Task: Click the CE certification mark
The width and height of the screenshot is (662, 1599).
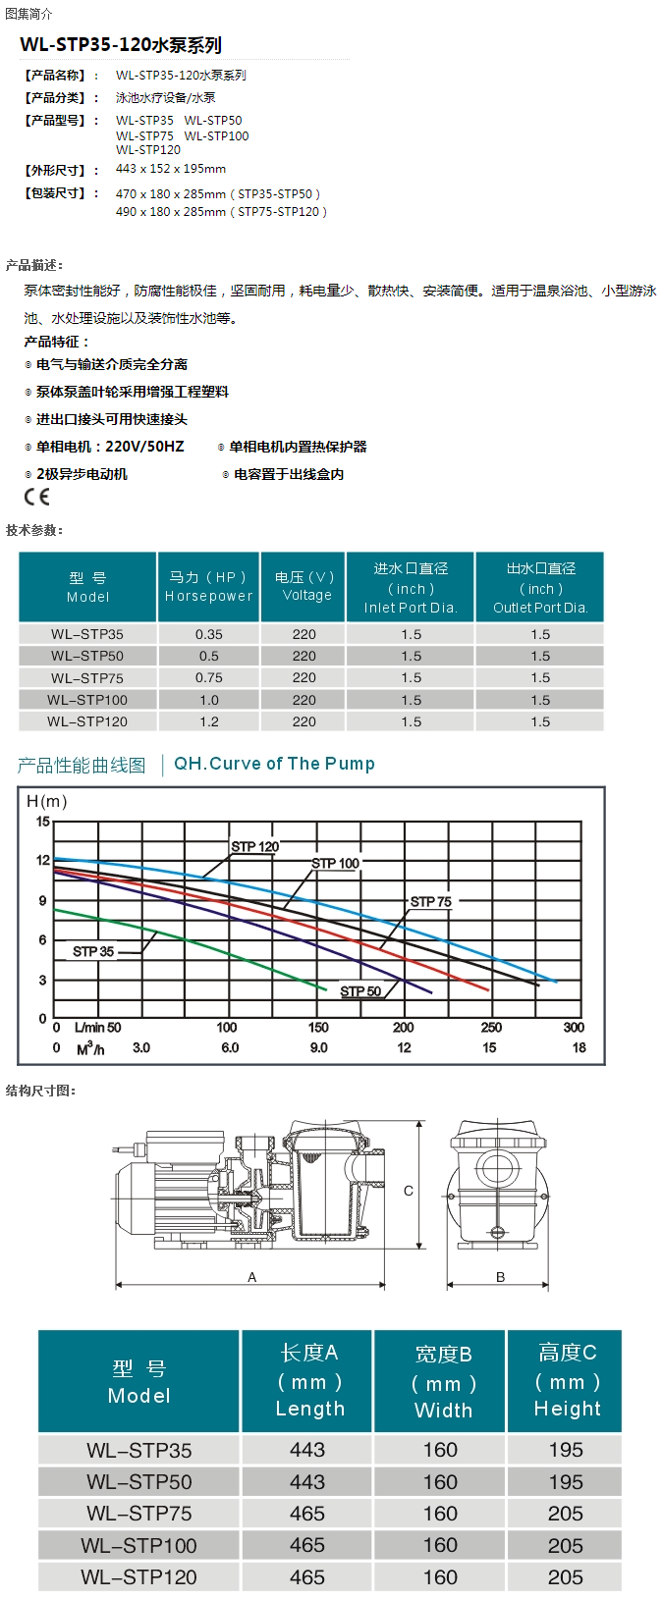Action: [x=36, y=497]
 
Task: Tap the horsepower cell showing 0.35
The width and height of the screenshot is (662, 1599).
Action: [x=208, y=634]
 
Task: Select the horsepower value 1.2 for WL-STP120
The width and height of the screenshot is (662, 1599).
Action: [x=208, y=721]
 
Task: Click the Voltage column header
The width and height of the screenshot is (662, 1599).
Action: [x=304, y=586]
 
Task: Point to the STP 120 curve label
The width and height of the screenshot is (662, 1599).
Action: [x=254, y=846]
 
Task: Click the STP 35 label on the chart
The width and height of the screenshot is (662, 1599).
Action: [x=93, y=951]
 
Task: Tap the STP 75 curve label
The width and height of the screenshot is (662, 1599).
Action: [x=431, y=901]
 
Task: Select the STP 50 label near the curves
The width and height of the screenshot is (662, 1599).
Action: [x=360, y=991]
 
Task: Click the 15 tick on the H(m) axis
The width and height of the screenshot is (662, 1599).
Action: [x=42, y=822]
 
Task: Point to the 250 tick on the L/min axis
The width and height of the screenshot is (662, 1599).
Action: [x=491, y=1028]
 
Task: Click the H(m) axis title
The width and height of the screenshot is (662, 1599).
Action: [x=46, y=802]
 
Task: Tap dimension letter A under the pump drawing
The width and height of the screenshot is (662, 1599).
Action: [x=252, y=1277]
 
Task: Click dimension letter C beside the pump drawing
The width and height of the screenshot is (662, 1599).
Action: [x=409, y=1191]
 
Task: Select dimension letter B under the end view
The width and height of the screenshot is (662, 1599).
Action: [x=500, y=1277]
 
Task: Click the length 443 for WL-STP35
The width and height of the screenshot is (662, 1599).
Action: [x=306, y=1450]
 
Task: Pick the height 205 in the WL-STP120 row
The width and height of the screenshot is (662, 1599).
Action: [x=566, y=1576]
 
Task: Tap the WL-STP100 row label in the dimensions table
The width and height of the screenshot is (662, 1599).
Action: [x=138, y=1545]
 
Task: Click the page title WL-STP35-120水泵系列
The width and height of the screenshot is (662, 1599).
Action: [x=121, y=45]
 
